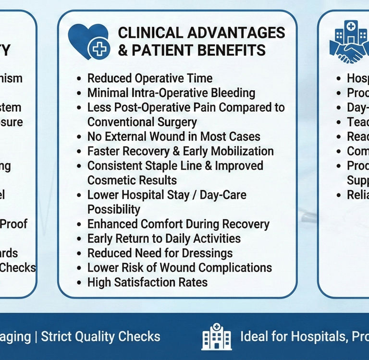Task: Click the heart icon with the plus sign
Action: [x=89, y=42]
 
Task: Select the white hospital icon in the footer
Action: [x=213, y=336]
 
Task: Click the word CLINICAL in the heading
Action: [x=147, y=33]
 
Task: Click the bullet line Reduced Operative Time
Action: [x=149, y=78]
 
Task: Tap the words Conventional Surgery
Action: [x=142, y=122]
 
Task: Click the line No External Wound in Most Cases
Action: [x=173, y=137]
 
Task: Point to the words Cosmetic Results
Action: [x=132, y=180]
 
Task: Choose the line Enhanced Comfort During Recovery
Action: [x=178, y=224]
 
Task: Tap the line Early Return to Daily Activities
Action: [x=164, y=239]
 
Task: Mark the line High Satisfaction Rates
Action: [x=148, y=282]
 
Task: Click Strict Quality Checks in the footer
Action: [x=100, y=336]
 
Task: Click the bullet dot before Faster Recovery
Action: [x=79, y=152]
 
